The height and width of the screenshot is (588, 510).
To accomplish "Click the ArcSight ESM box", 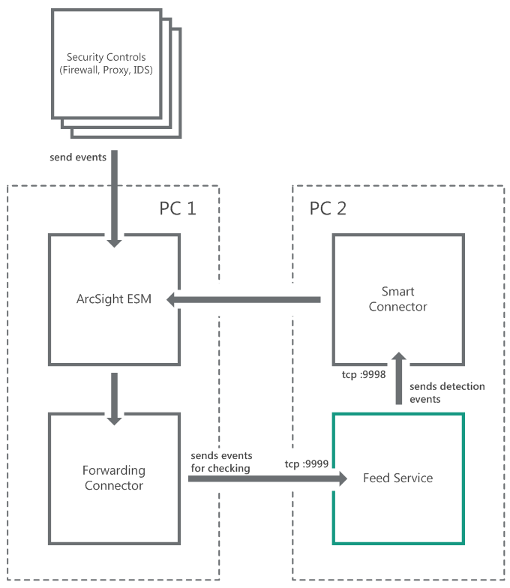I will click(114, 300).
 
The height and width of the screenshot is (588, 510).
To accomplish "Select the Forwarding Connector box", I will click(114, 478).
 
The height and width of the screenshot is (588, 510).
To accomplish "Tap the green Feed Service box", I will click(397, 478).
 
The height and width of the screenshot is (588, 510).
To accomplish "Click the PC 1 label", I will click(178, 208).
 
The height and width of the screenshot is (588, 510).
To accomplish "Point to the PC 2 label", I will click(328, 208).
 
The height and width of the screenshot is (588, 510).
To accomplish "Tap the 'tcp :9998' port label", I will click(360, 374).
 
